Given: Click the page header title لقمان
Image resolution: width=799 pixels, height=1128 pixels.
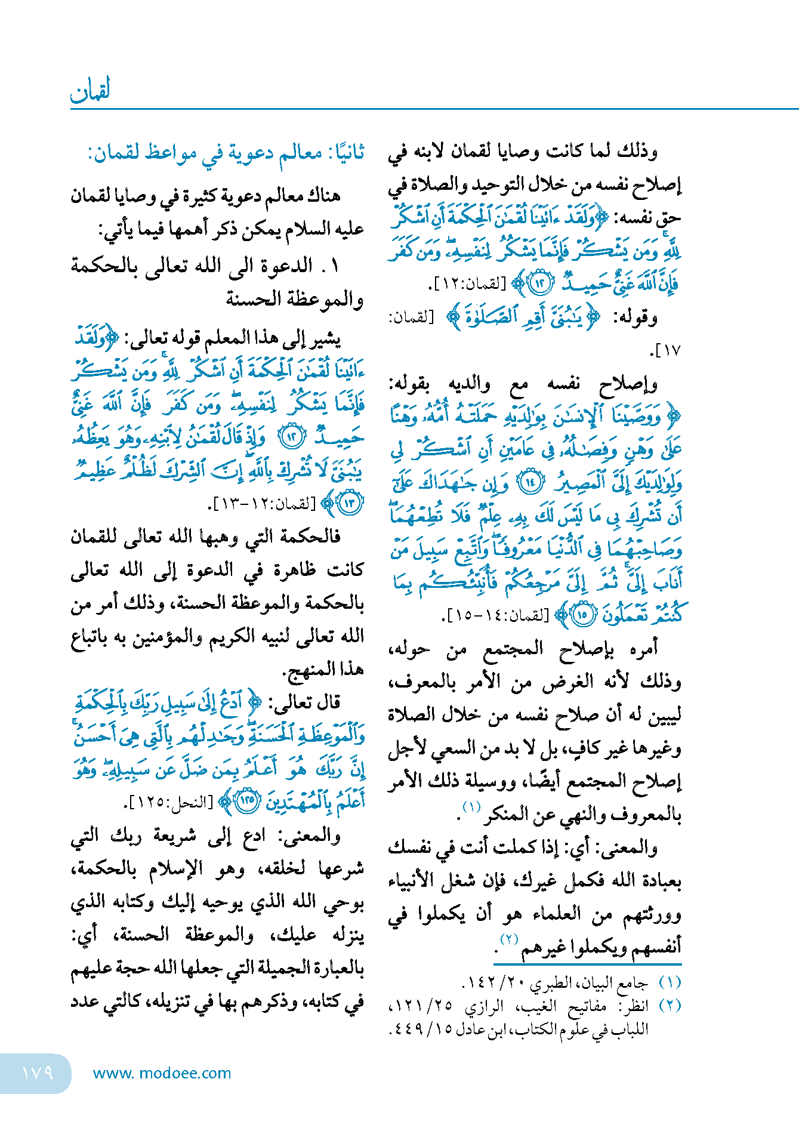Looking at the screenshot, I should [x=91, y=91].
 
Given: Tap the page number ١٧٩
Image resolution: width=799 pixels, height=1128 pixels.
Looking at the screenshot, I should [x=37, y=1073].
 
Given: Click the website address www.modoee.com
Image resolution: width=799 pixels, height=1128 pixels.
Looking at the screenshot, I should [x=162, y=1073].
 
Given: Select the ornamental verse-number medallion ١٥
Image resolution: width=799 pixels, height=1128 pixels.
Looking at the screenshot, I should [x=582, y=614].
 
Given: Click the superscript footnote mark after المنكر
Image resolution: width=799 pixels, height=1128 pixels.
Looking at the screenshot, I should [x=471, y=808].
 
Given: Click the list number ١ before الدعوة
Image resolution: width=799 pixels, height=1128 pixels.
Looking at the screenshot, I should [x=334, y=266].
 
